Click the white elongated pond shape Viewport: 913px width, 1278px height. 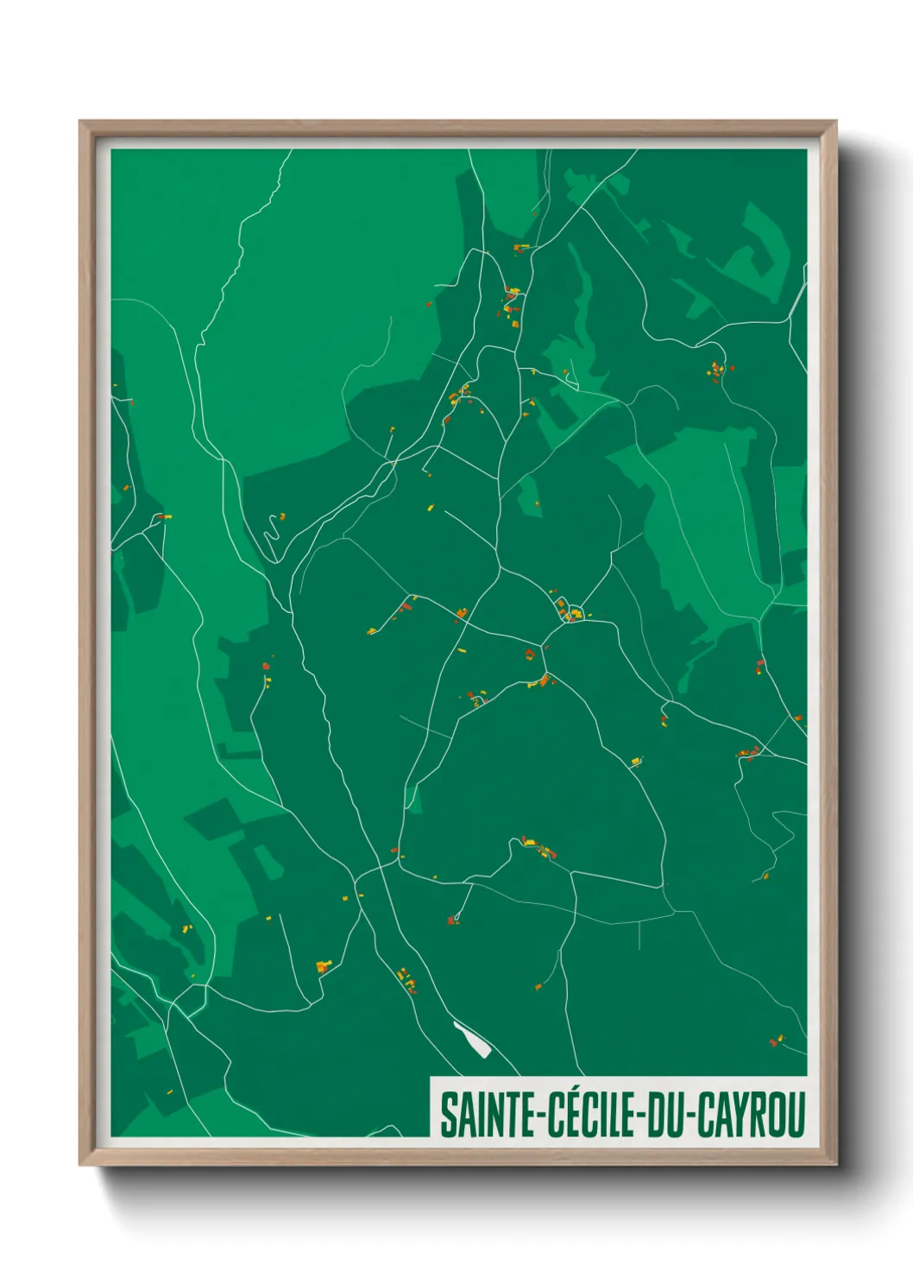tap(472, 1039)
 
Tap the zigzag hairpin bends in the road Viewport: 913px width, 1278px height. tap(273, 527)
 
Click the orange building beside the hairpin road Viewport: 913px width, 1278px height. tap(282, 517)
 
